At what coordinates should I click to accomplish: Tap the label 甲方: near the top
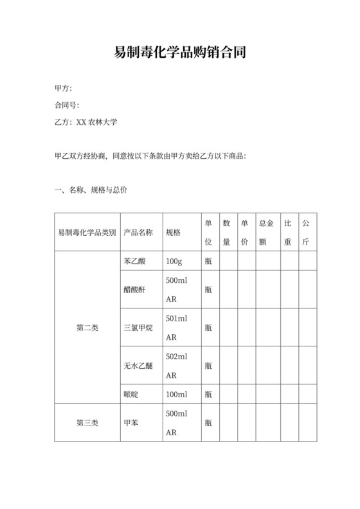[x=63, y=88]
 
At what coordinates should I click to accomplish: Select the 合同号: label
[x=67, y=105]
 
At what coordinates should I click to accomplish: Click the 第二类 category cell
[x=87, y=328]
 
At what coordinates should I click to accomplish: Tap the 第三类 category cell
[x=87, y=423]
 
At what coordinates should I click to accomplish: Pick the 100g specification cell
[x=174, y=262]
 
